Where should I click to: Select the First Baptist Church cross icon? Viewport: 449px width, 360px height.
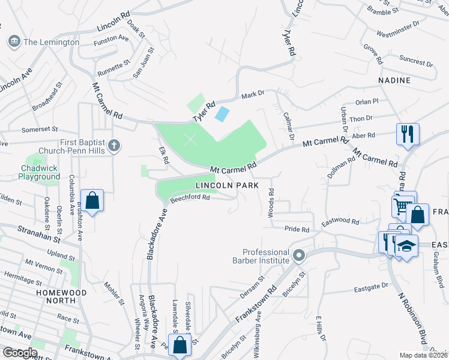pos(113,145)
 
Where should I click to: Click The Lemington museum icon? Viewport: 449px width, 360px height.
pos(13,42)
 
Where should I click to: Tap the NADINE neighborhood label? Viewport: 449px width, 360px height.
pos(394,80)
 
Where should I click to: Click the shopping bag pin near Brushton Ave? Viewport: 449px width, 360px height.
pos(92,200)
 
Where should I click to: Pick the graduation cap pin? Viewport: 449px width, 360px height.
pos(406,247)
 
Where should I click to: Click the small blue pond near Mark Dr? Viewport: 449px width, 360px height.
pos(221,113)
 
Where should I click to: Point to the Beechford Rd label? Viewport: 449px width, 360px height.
pos(189,197)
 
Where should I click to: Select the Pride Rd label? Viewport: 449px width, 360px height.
pos(297,229)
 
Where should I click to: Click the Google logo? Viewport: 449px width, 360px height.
pos(20,352)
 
